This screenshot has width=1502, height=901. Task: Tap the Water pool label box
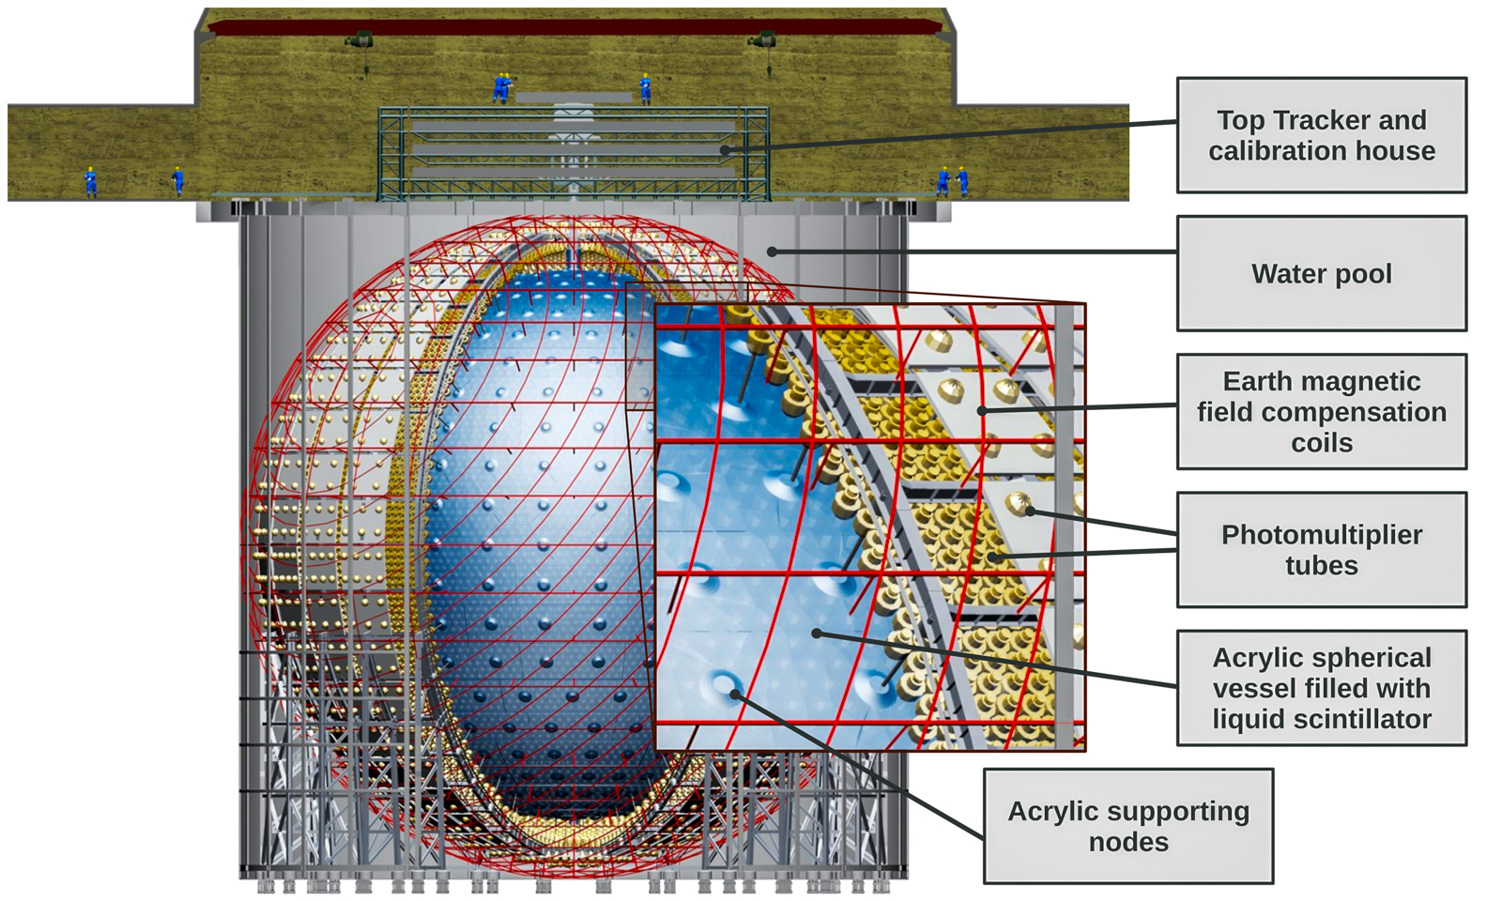pos(1322,273)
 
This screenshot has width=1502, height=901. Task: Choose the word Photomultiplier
pos(1322,535)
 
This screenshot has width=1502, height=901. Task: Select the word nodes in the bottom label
pos(1128,843)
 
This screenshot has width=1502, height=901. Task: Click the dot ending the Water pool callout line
pos(772,252)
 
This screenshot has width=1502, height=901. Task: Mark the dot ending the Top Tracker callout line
pos(725,150)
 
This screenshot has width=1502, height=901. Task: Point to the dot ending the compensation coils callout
pos(982,411)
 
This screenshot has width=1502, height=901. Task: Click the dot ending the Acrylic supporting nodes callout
pos(735,695)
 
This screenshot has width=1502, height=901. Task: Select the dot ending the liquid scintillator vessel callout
pos(816,633)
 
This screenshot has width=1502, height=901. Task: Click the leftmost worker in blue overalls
pos(90,182)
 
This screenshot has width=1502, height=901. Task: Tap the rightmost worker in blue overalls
pos(962,181)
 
